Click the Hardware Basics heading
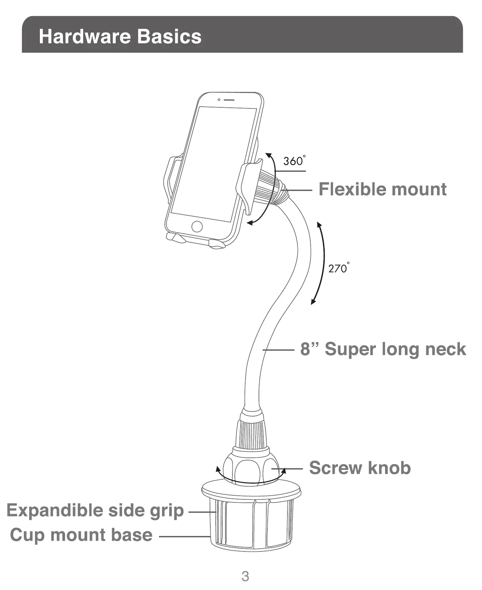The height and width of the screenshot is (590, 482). coord(120,36)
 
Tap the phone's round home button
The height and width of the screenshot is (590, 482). coord(197,226)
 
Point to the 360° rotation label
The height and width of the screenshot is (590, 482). coord(294,161)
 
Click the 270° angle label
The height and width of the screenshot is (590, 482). coord(338,268)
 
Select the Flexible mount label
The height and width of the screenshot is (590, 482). coord(382,189)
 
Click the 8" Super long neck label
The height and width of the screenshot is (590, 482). coord(383,349)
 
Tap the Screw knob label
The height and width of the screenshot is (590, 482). coord(360,468)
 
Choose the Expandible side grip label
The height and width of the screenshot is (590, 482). coord(95,510)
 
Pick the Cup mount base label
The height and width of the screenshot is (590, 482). coord(81,535)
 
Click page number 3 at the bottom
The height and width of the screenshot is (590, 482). coord(245,576)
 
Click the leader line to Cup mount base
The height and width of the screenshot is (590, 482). coord(184,536)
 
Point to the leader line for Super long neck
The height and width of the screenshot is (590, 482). coord(278,350)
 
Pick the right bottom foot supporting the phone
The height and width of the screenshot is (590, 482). coord(217,244)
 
